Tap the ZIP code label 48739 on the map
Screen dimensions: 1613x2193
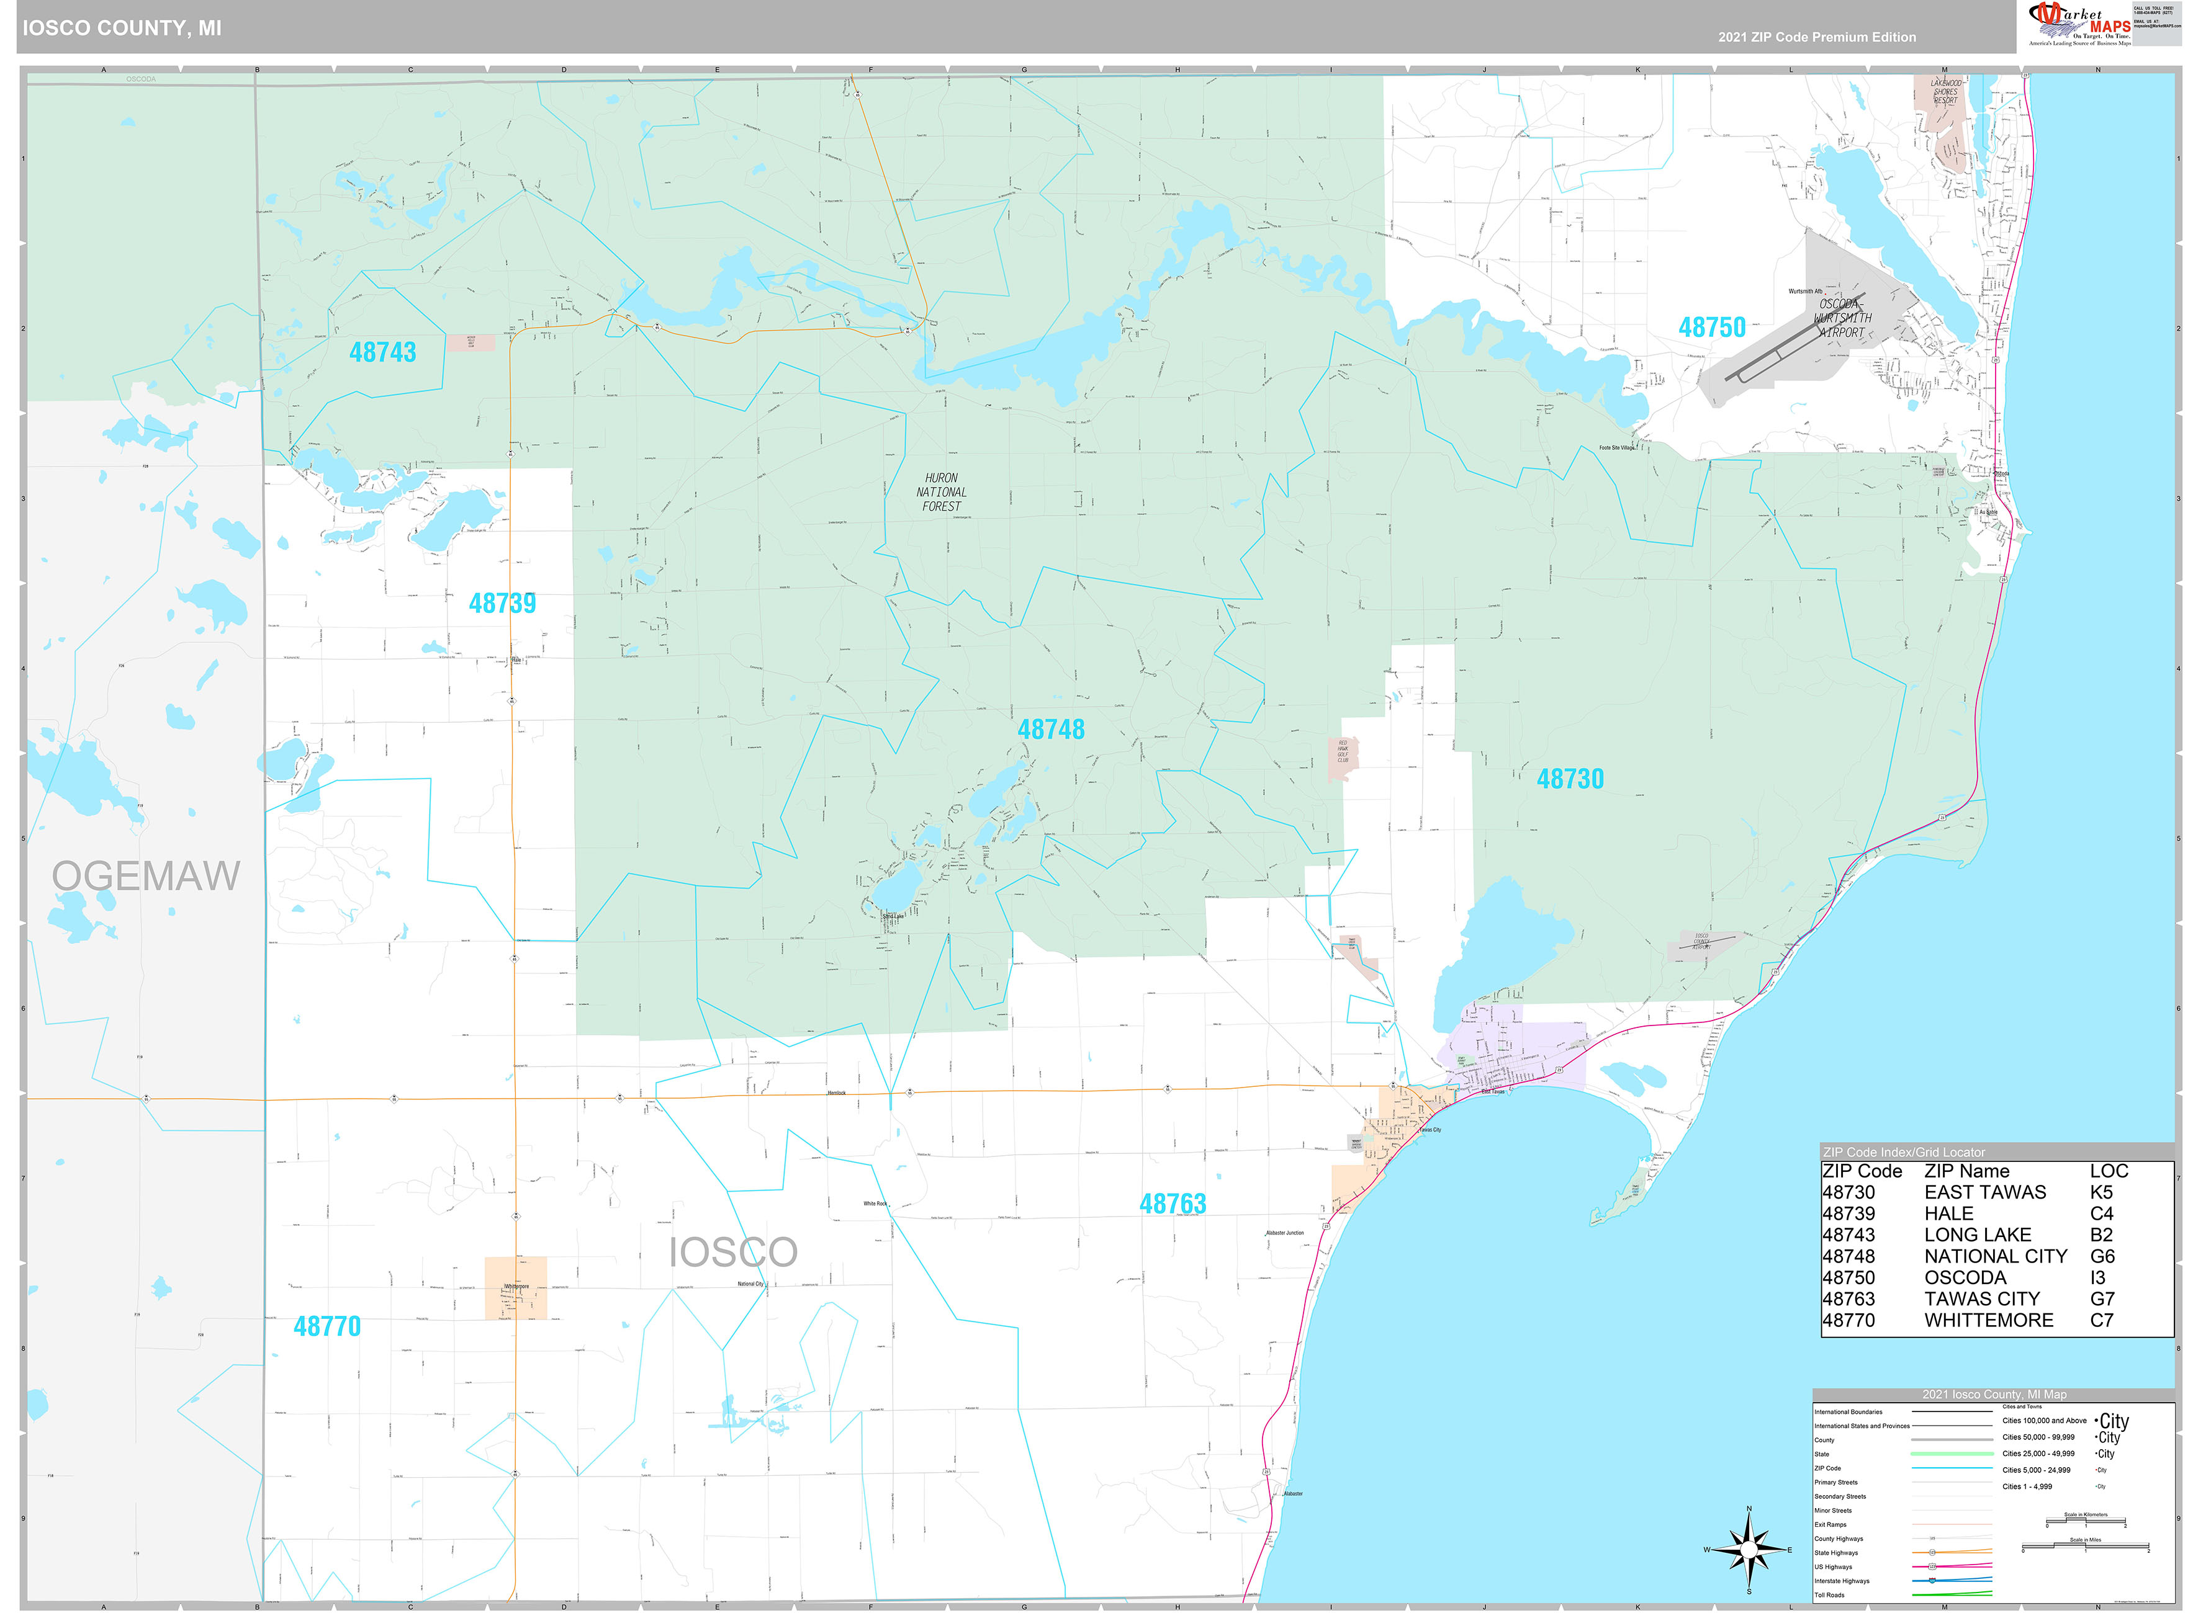(502, 604)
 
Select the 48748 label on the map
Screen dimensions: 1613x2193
(1050, 730)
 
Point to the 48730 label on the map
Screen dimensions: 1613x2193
(1570, 779)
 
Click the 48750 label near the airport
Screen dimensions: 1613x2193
(1711, 328)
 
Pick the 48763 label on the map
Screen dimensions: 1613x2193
(1172, 1205)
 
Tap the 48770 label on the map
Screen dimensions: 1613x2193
(327, 1327)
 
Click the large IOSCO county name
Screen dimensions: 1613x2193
(732, 1253)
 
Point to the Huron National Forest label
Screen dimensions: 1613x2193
(940, 492)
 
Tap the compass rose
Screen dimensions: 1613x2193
(1749, 1550)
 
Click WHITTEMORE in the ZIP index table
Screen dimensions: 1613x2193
(1988, 1321)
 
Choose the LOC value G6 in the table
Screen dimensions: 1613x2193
(2101, 1257)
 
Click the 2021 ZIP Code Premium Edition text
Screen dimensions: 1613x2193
(1817, 37)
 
